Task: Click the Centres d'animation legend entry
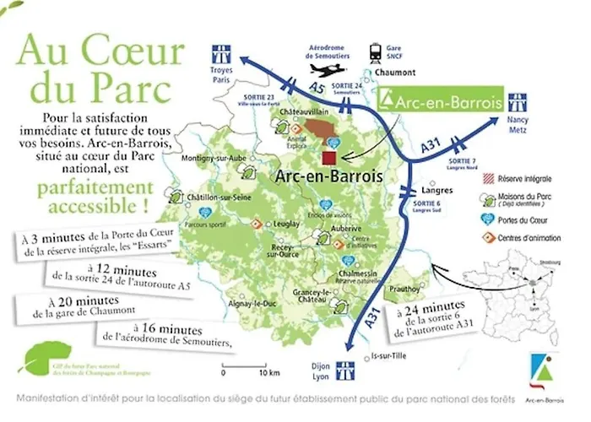(521, 236)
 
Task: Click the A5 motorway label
(317, 87)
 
